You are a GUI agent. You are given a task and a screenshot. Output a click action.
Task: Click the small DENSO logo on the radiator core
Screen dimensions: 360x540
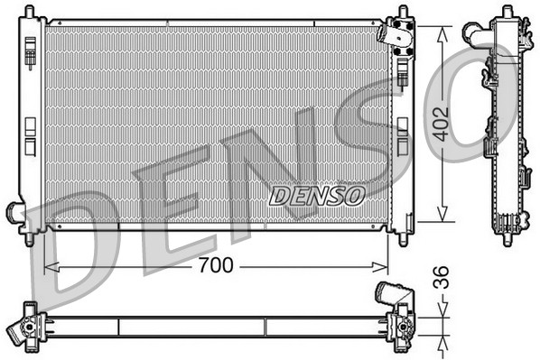tap(317, 195)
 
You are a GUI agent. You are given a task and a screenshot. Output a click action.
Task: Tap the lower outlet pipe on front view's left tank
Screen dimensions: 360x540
tap(15, 214)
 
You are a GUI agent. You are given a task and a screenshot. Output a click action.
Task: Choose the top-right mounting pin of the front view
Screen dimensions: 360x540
tap(400, 14)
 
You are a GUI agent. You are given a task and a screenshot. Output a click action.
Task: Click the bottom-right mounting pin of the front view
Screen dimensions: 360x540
tap(400, 238)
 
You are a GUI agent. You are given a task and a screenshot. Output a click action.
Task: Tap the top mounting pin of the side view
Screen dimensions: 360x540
tap(498, 13)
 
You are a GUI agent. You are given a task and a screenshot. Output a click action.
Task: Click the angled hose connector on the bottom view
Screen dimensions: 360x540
tap(390, 294)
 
